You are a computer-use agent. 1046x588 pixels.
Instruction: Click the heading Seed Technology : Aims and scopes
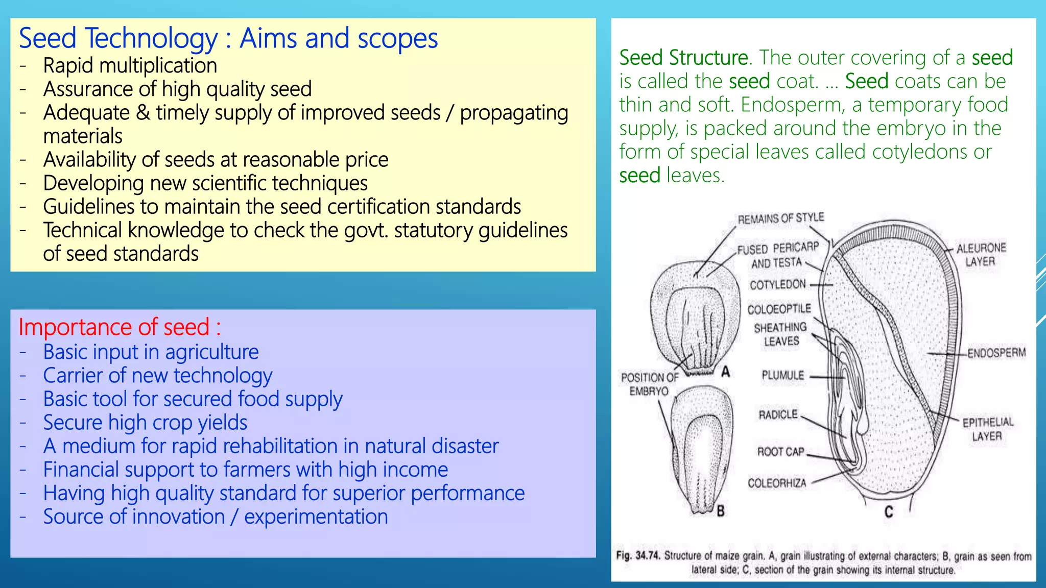(228, 39)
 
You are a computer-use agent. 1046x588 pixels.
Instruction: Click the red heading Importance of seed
(120, 327)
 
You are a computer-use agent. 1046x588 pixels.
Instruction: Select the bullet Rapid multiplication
(130, 66)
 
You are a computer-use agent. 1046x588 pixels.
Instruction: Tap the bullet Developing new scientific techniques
(205, 183)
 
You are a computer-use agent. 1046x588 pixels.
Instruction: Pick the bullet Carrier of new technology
(157, 376)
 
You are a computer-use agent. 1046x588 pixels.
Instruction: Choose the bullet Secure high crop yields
(145, 423)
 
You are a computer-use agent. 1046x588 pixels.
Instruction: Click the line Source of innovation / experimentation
(215, 517)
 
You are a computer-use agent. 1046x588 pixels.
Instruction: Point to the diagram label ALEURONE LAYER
(981, 255)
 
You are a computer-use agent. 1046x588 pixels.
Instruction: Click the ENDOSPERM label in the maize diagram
(996, 353)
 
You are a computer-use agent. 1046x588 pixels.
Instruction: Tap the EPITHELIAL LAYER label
(987, 429)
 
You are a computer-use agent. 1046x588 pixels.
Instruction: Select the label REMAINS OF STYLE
(780, 218)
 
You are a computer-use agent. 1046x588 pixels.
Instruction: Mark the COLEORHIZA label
(777, 483)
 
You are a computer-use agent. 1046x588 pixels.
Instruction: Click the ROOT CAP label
(780, 452)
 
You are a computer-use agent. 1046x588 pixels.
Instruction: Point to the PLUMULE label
(782, 376)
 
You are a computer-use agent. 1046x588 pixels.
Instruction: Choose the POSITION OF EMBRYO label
(649, 384)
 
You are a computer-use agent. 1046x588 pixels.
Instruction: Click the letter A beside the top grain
(725, 372)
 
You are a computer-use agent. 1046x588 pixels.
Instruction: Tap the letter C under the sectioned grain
(889, 511)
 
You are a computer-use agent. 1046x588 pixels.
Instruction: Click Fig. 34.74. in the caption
(638, 555)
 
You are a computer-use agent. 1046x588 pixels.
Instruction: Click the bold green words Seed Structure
(683, 58)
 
